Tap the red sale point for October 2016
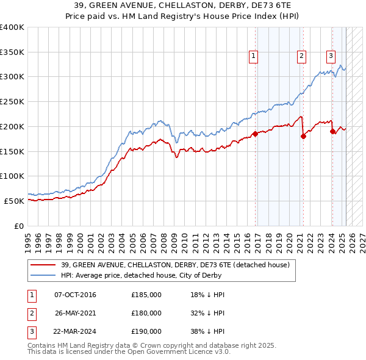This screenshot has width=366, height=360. click(x=255, y=134)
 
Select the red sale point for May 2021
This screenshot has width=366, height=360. click(x=303, y=137)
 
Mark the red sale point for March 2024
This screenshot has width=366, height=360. click(x=332, y=131)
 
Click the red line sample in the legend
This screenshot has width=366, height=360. click(x=44, y=264)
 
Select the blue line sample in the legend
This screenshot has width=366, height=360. click(x=44, y=275)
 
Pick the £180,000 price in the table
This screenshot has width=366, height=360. click(x=146, y=313)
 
